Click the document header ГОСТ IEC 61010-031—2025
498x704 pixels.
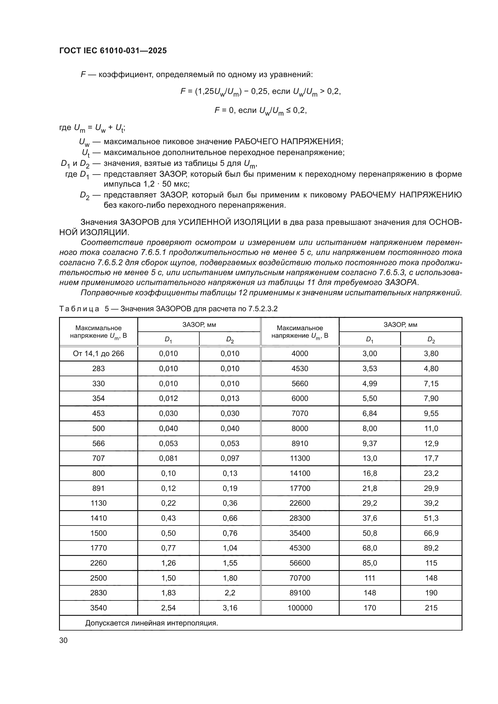coord(113,51)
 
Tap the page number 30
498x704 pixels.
coord(64,640)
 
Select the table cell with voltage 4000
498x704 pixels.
coord(300,354)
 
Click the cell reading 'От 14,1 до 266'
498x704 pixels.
coord(98,354)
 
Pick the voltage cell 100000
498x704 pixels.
coord(300,608)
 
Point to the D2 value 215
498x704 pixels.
coord(431,608)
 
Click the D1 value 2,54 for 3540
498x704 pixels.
coord(168,608)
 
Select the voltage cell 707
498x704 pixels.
coord(98,458)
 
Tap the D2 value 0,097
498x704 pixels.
coord(230,458)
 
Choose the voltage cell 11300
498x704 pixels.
coord(300,458)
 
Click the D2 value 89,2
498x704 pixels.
coord(431,548)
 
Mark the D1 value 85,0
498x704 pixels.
coord(369,563)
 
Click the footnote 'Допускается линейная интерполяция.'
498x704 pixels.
coord(151,623)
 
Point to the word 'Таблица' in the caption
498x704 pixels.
coord(79,309)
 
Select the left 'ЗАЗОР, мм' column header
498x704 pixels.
coord(199,325)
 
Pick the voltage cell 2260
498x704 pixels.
coord(98,563)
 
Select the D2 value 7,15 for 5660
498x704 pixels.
coord(431,383)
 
